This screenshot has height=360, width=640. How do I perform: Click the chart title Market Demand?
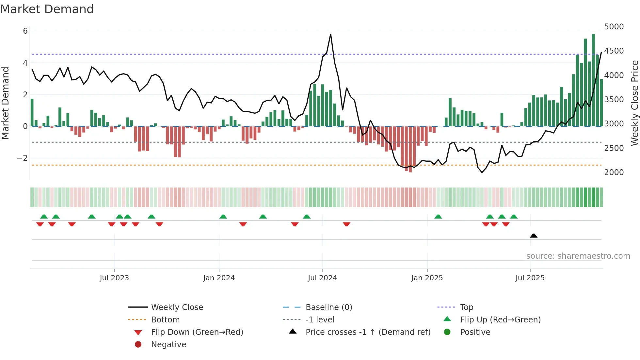47,9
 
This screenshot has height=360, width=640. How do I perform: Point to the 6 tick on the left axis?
25,31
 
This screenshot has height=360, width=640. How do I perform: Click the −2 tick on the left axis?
22,158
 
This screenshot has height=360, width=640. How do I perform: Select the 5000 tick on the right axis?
614,27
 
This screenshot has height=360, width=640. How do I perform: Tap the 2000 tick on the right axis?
614,172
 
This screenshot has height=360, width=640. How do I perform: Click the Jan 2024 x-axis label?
219,278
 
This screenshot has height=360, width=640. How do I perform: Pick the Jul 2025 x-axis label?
530,278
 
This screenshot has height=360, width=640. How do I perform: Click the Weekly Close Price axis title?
634,103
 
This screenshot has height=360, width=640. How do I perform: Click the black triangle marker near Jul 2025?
534,236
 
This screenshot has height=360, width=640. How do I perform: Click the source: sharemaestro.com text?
578,256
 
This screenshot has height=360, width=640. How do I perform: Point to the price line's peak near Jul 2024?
330,34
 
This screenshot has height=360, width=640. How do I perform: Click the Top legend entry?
466,307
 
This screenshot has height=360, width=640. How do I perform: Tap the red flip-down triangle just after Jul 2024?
346,224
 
